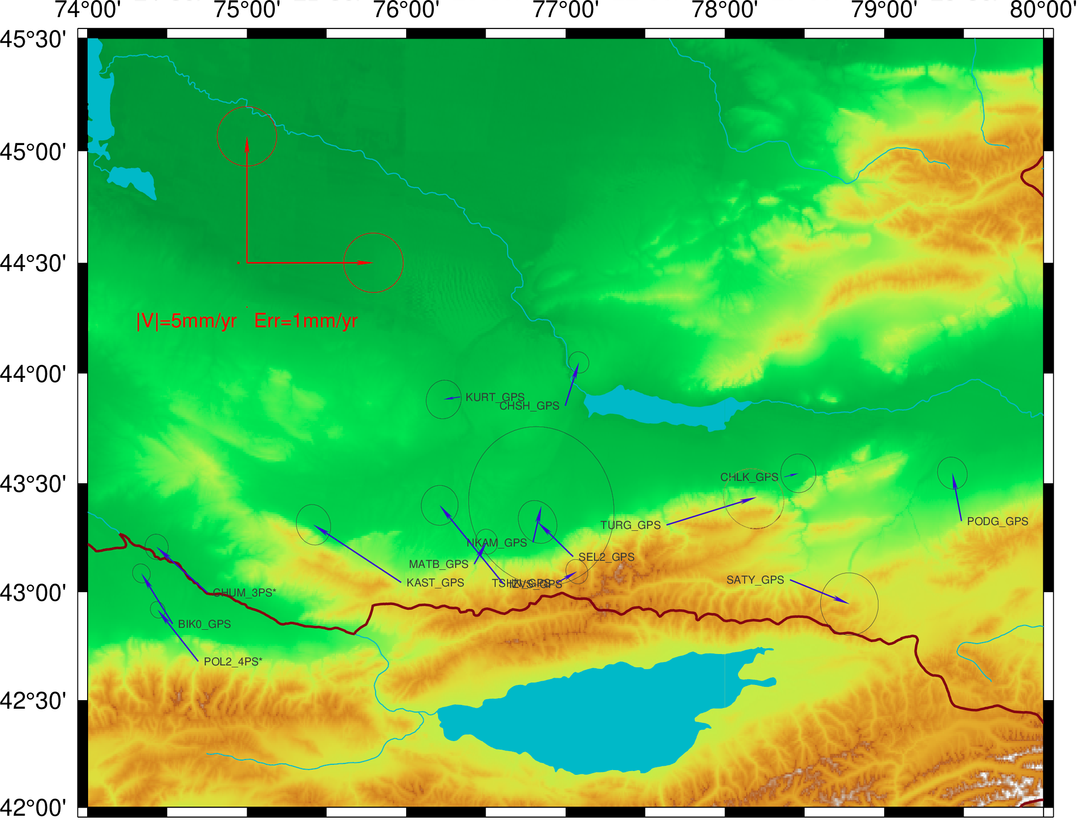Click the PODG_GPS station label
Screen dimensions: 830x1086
[997, 522]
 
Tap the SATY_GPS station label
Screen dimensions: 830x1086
[755, 580]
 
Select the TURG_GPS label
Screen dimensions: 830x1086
[630, 525]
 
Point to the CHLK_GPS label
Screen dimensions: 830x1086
[749, 477]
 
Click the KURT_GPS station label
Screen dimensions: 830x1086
[495, 397]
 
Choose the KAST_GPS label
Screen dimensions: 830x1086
[435, 583]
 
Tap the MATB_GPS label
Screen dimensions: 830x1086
[438, 564]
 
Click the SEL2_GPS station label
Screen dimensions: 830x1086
[606, 557]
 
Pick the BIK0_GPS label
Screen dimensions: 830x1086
[204, 625]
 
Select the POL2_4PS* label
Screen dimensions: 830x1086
[233, 662]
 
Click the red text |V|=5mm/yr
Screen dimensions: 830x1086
[187, 321]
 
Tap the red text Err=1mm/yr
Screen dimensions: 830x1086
[306, 321]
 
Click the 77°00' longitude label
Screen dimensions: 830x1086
[565, 10]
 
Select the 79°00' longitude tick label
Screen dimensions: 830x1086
[884, 10]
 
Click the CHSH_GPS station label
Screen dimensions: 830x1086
[529, 406]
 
